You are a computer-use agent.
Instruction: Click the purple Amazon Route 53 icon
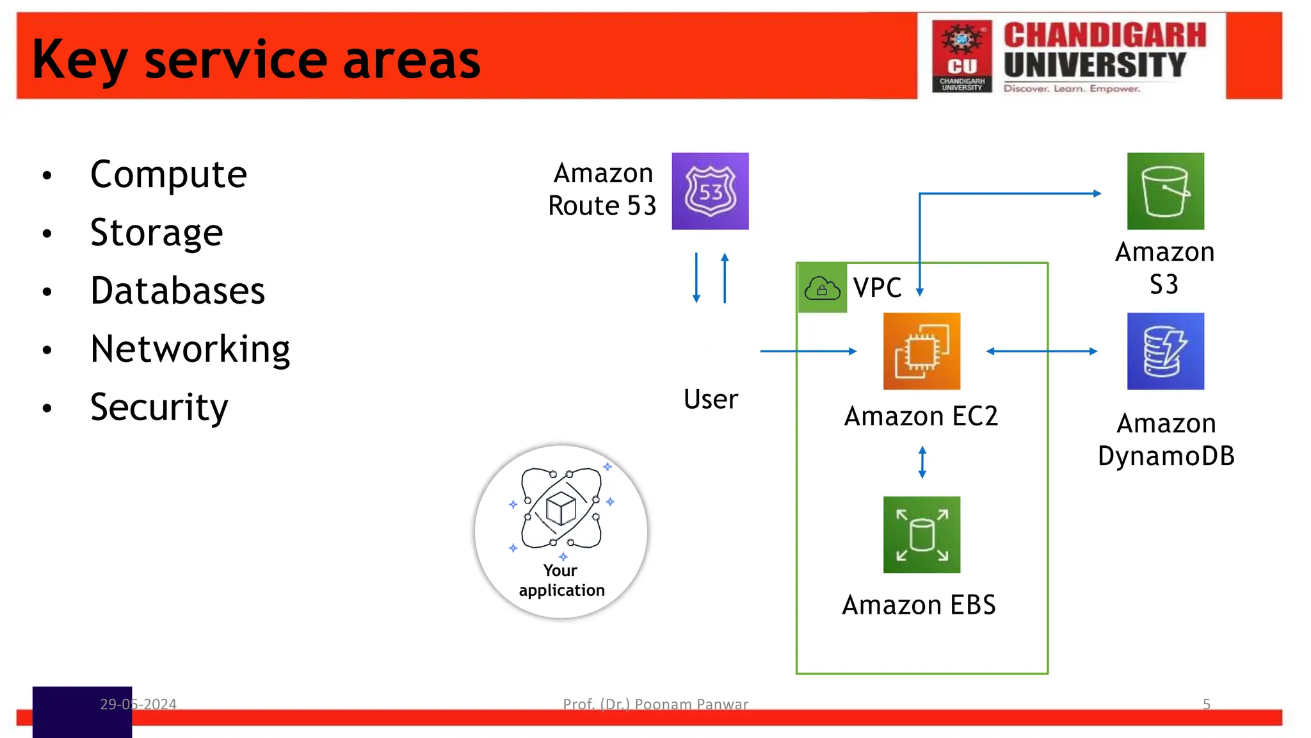[x=710, y=191]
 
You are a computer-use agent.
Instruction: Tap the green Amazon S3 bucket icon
[x=1165, y=191]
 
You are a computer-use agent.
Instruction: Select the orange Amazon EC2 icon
[x=921, y=351]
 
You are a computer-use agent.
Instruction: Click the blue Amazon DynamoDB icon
[x=1165, y=351]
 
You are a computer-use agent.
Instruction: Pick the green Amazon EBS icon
[x=921, y=534]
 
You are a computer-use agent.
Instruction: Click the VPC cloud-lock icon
[x=822, y=288]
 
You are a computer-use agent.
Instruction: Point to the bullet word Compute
[x=168, y=174]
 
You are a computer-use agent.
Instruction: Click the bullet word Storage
[x=157, y=232]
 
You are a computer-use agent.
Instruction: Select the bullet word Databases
[x=177, y=290]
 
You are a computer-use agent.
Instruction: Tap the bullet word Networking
[x=190, y=348]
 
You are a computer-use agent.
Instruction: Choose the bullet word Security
[x=159, y=407]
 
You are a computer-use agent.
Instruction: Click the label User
[x=711, y=399]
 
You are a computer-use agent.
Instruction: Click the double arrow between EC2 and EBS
[x=922, y=462]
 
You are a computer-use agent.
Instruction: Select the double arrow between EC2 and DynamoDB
[x=1042, y=351]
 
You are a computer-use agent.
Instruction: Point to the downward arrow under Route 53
[x=696, y=278]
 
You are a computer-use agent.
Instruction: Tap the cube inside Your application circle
[x=561, y=509]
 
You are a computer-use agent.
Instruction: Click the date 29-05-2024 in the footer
[x=138, y=704]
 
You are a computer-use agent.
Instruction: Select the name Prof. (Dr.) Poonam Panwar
[x=655, y=704]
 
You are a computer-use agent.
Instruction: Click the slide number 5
[x=1206, y=704]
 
